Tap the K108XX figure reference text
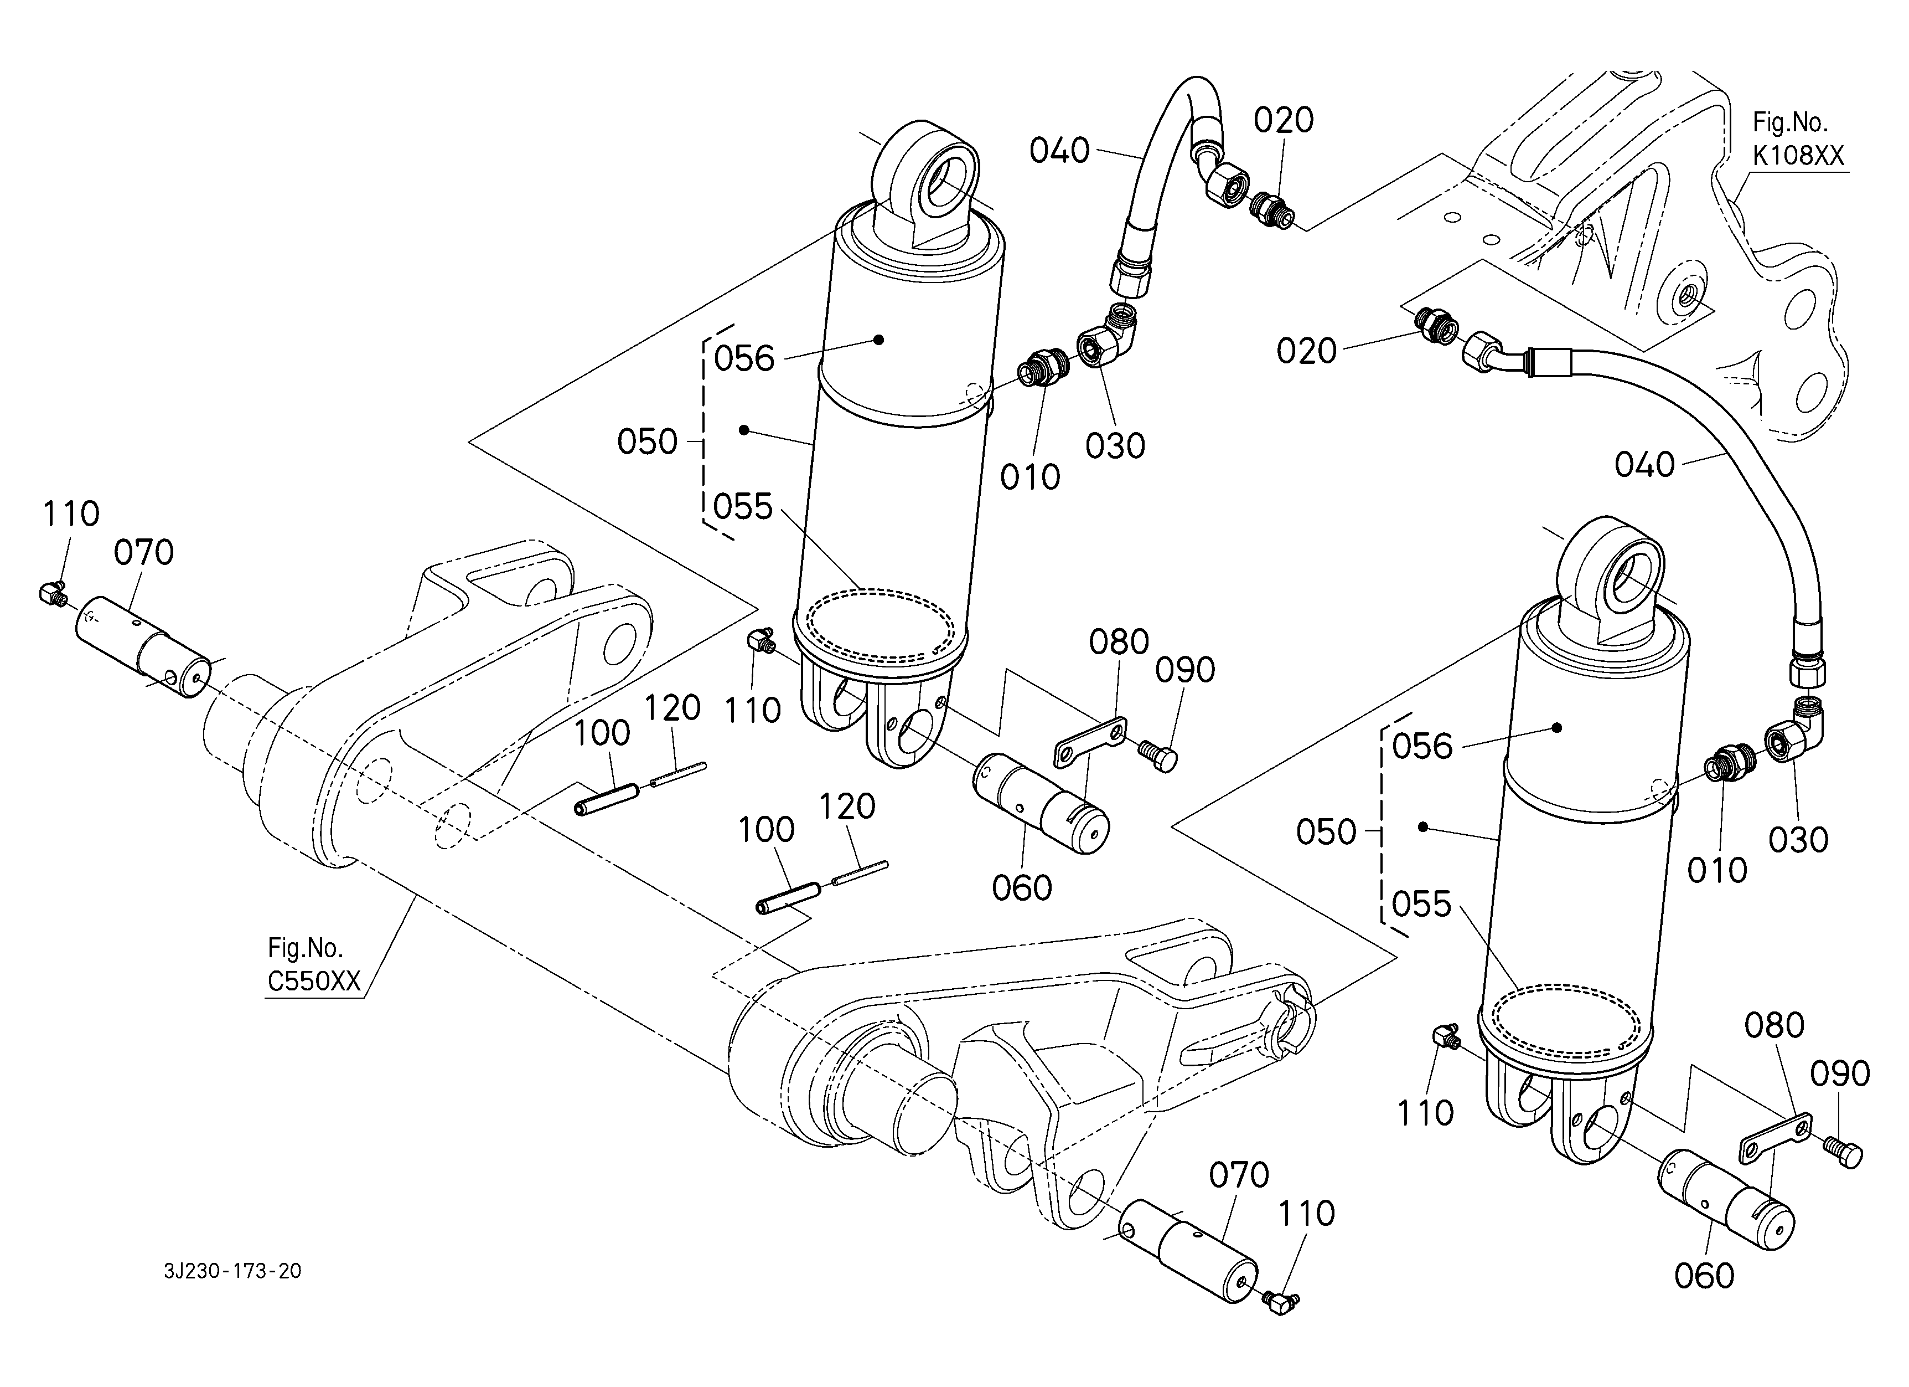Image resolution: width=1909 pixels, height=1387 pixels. point(1798,155)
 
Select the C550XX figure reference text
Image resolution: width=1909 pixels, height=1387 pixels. point(314,981)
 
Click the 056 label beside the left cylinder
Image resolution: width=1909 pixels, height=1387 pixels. point(744,359)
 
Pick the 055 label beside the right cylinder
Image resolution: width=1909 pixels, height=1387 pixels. point(1422,905)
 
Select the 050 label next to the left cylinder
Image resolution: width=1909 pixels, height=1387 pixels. point(647,441)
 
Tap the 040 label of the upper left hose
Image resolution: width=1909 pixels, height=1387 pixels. point(1059,152)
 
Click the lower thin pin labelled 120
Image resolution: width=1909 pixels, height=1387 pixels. point(860,872)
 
